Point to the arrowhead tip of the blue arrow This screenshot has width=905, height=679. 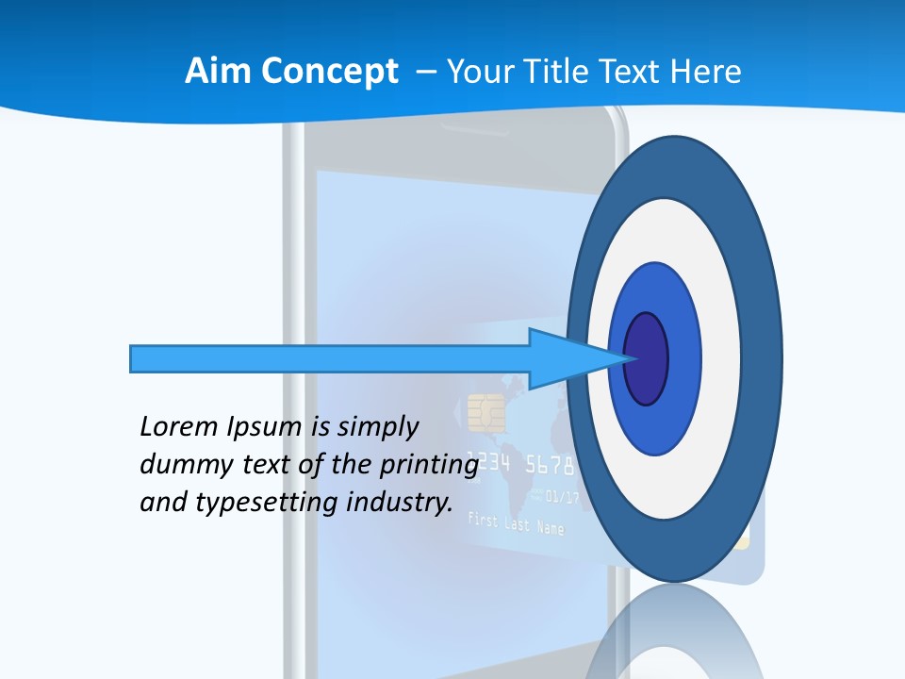629,358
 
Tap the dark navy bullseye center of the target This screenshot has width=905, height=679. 647,358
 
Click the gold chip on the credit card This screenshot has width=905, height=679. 486,411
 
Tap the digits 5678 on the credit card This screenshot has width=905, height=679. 548,465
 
